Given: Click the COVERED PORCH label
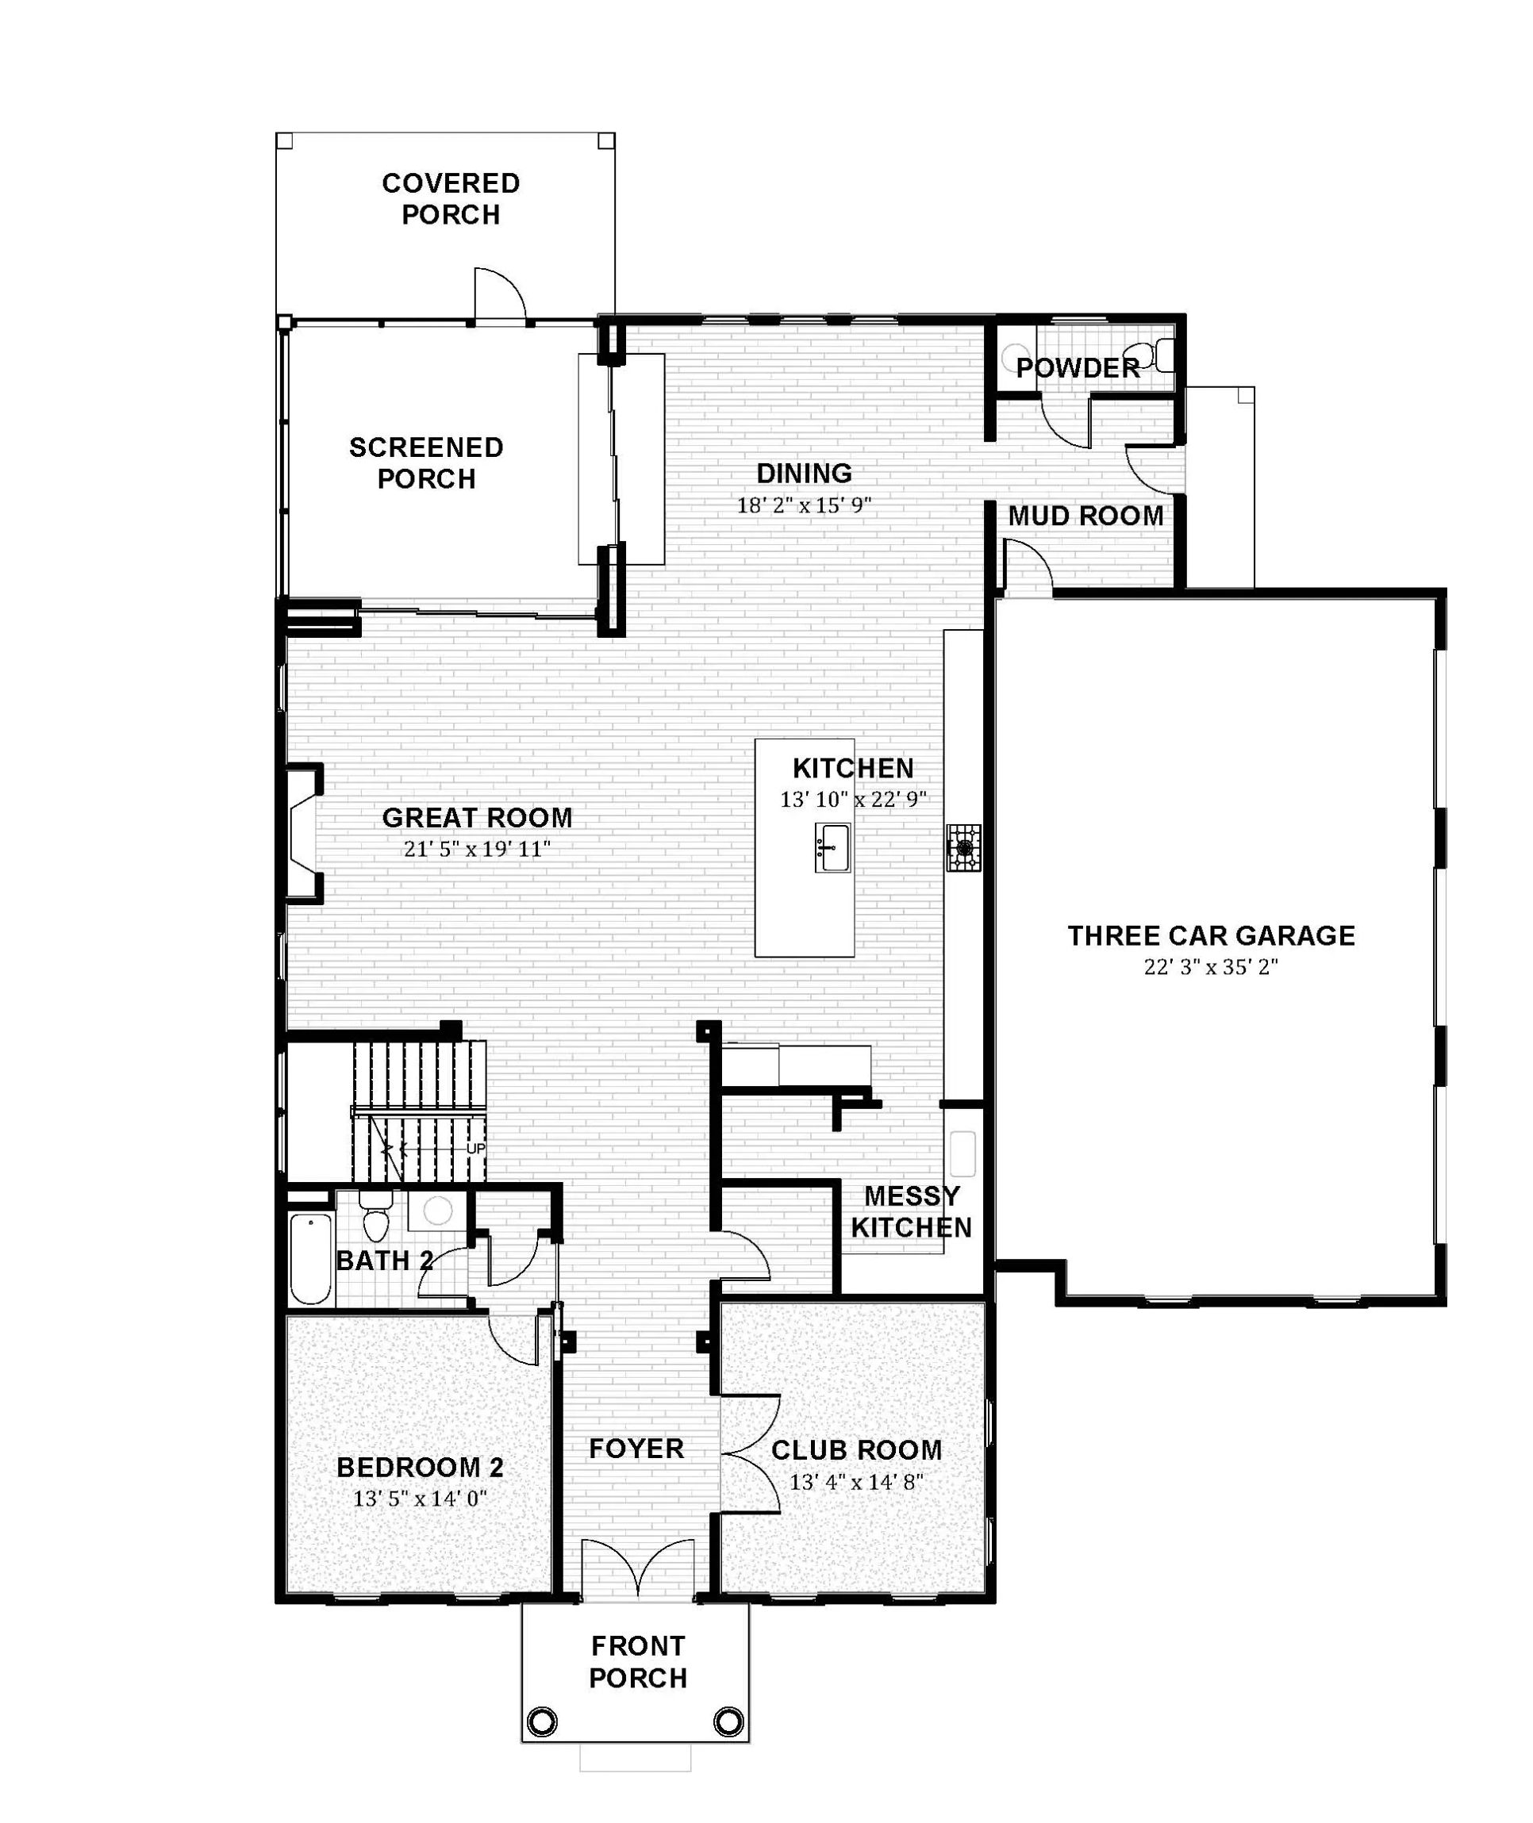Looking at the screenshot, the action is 450,199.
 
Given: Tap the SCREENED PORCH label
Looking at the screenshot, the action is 426,463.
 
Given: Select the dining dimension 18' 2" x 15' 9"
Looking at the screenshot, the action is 804,505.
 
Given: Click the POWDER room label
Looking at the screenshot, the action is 1078,368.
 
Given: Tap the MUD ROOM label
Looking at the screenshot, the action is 1085,516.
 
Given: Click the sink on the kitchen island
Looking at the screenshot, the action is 832,848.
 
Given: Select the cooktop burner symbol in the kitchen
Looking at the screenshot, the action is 964,848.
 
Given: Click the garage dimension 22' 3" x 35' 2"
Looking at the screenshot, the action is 1211,967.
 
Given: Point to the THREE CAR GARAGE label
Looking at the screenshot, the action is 1212,936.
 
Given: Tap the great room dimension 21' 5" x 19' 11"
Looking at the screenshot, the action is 477,850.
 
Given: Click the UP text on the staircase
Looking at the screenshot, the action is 475,1149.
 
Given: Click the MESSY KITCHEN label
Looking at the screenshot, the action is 912,1212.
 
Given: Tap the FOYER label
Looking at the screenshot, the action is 636,1449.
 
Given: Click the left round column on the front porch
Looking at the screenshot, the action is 541,1721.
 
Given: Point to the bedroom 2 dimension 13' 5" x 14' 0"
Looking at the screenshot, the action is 420,1499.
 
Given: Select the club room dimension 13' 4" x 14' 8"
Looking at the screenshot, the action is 856,1482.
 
